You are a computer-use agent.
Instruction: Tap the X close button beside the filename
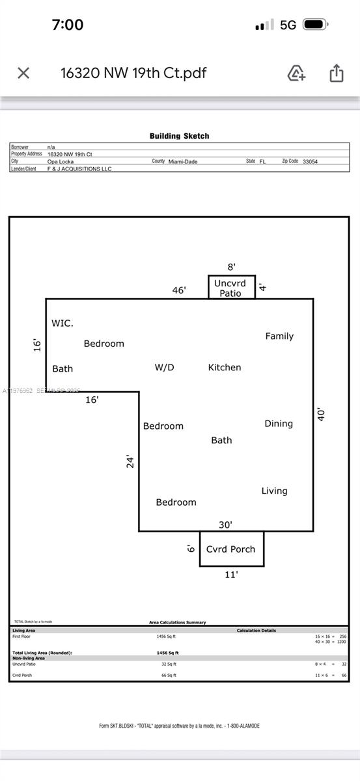(23, 73)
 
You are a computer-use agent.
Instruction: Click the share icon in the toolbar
(336, 73)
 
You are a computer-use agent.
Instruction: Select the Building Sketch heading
(180, 136)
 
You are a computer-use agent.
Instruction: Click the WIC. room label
(62, 323)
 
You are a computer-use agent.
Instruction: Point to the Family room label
(279, 336)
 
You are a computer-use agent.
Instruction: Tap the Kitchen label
(225, 367)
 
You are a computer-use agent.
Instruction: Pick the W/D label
(164, 367)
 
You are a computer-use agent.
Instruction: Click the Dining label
(279, 423)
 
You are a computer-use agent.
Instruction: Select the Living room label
(274, 491)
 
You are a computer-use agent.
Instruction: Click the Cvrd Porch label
(231, 549)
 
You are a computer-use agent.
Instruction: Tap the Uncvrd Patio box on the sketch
(231, 288)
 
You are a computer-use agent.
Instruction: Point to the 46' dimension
(179, 290)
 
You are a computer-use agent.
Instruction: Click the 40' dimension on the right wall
(321, 414)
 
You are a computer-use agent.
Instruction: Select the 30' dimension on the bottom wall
(225, 525)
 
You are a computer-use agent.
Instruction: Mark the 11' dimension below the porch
(231, 575)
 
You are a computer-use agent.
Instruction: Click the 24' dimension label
(131, 461)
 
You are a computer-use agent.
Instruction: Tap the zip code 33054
(310, 161)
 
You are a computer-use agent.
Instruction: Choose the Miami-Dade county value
(182, 161)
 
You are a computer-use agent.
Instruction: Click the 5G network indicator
(288, 25)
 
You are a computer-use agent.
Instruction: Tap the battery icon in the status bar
(315, 25)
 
